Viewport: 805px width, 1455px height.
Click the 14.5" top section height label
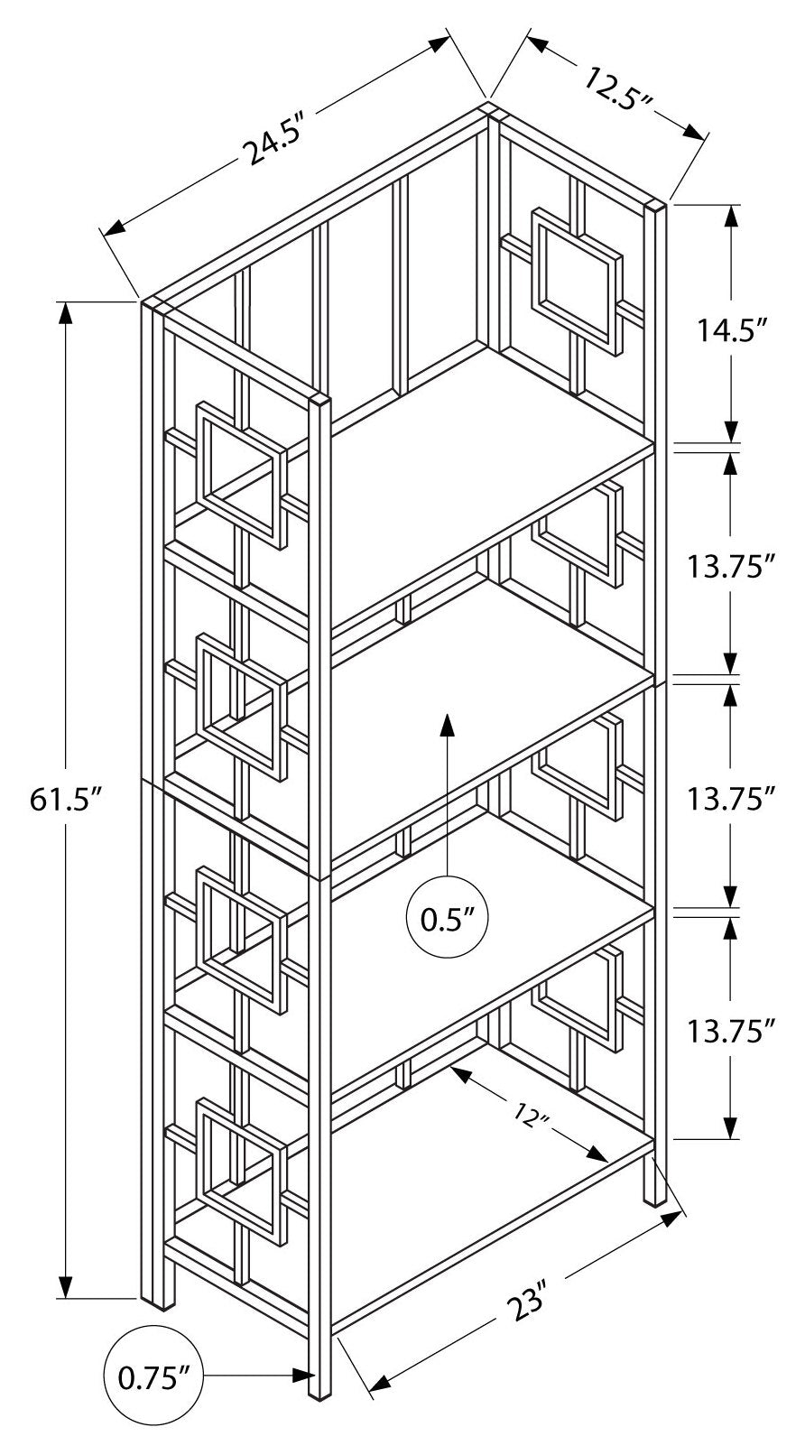(730, 329)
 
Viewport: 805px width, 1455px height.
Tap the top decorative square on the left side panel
(240, 472)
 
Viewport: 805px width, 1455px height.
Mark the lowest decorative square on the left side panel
(239, 1163)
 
